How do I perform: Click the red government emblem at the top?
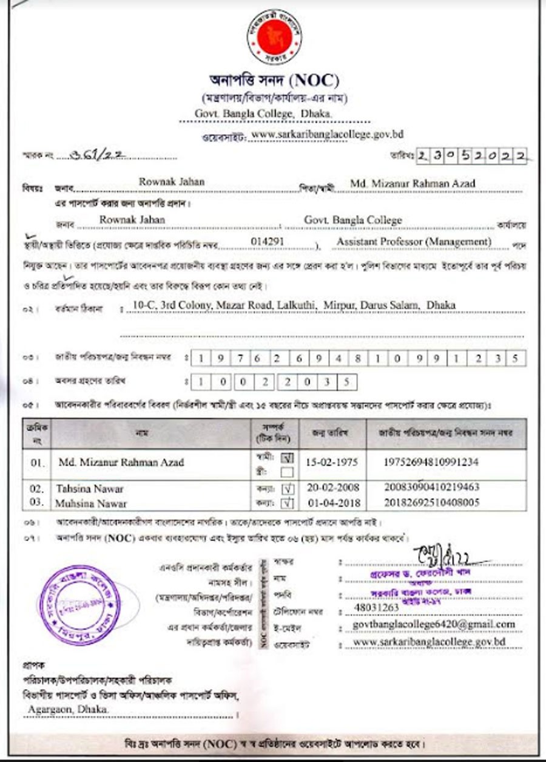click(x=274, y=36)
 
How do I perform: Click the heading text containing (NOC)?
click(x=274, y=80)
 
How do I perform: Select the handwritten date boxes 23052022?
click(x=471, y=155)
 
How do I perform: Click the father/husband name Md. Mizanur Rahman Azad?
click(x=413, y=183)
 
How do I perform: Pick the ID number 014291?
click(x=268, y=241)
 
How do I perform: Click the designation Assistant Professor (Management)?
click(x=414, y=241)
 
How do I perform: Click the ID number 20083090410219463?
click(x=432, y=488)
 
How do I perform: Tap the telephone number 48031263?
click(x=376, y=608)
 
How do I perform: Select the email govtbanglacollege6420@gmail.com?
click(x=434, y=624)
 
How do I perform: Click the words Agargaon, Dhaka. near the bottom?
click(x=69, y=709)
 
